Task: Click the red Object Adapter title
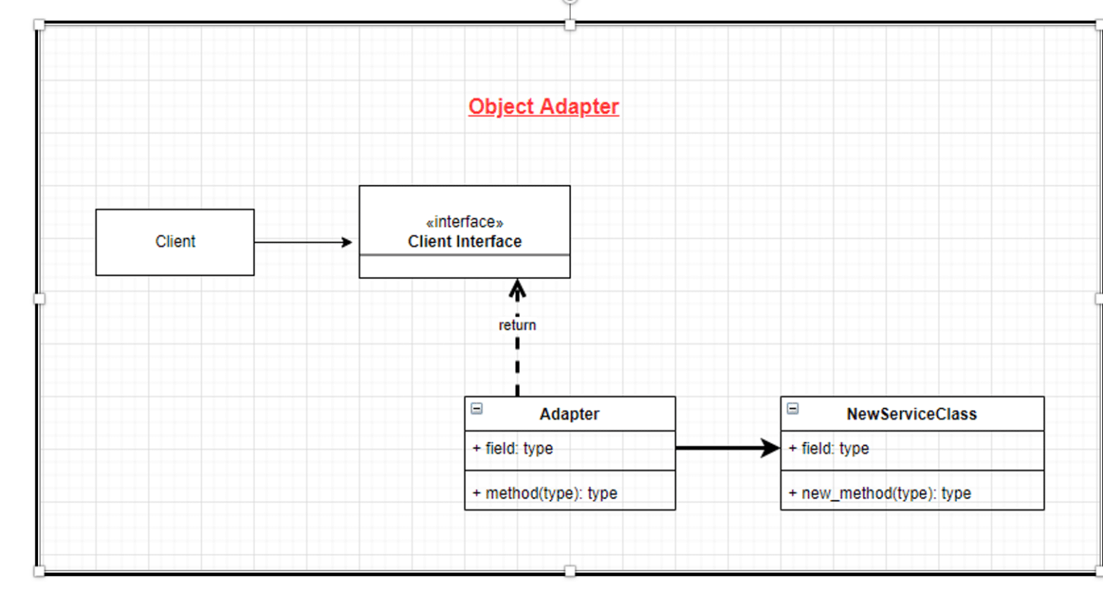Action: [x=544, y=106]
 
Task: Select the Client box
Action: [x=174, y=242]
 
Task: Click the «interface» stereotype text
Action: [x=465, y=222]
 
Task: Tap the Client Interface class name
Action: [x=465, y=242]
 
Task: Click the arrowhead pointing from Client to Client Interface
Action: [x=347, y=242]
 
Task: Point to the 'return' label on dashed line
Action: [x=517, y=325]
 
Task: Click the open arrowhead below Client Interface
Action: [x=517, y=289]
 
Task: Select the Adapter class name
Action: [x=569, y=415]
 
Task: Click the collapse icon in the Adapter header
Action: [x=477, y=409]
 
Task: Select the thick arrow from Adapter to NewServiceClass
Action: [x=727, y=448]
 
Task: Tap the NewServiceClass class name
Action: [x=911, y=415]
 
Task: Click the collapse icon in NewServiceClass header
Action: [x=793, y=409]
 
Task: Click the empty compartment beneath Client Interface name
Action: [x=465, y=267]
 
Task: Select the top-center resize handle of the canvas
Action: [x=569, y=25]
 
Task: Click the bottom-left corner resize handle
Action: [x=39, y=571]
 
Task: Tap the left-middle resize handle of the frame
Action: [x=39, y=298]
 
